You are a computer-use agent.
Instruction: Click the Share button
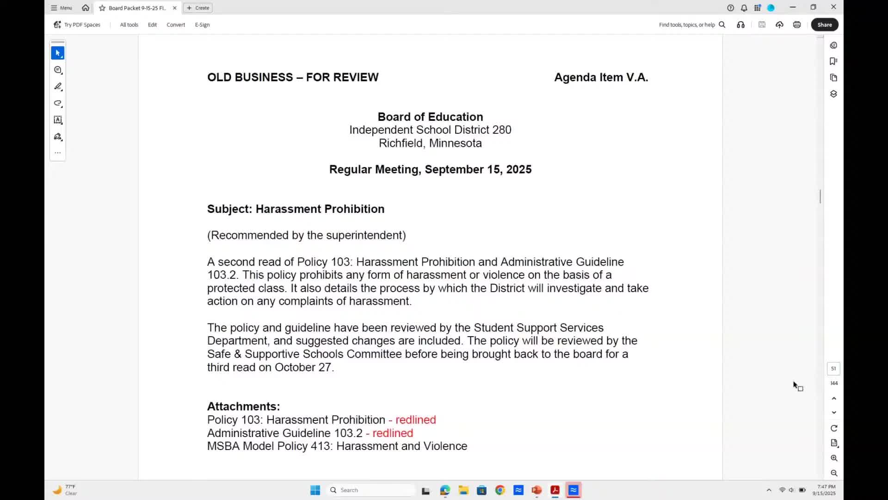(x=824, y=25)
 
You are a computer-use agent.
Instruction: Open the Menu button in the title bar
(x=62, y=8)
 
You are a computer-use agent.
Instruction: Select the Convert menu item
(x=176, y=25)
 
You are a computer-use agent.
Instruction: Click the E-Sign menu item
(x=202, y=25)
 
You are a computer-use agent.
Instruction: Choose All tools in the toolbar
(x=129, y=25)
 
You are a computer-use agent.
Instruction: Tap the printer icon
(x=796, y=25)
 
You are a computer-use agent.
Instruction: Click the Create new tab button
(x=198, y=8)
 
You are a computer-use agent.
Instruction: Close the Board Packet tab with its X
(x=175, y=8)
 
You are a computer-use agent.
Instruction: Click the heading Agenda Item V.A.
(x=601, y=77)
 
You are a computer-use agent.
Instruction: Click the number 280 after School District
(x=502, y=130)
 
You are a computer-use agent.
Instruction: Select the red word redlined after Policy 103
(x=415, y=420)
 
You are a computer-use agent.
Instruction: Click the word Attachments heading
(x=243, y=406)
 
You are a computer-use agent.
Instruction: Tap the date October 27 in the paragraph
(x=303, y=368)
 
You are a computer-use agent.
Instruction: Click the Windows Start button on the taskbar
(x=315, y=490)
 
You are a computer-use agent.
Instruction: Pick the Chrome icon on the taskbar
(x=500, y=490)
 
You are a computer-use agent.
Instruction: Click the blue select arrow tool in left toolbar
(x=58, y=53)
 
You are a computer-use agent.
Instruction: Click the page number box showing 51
(x=833, y=369)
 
